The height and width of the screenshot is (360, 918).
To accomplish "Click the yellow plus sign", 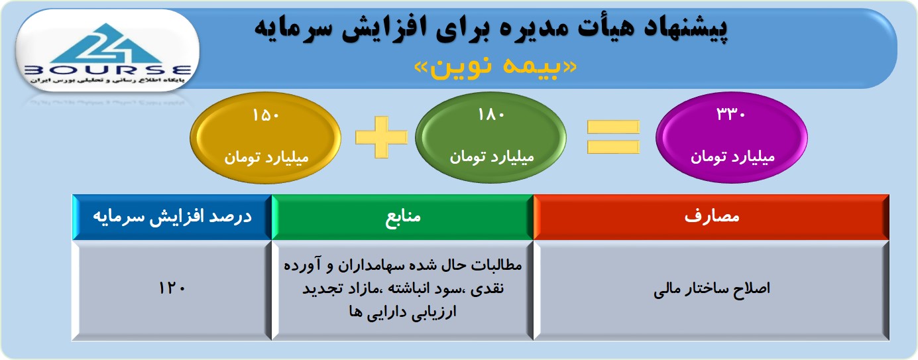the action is pos(381,137).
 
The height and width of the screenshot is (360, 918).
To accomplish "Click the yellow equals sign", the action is pos(613,137).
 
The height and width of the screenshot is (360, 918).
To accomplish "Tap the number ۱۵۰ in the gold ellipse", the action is pos(266,115).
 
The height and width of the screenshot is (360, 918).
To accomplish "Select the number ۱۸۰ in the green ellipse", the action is pos(491,115).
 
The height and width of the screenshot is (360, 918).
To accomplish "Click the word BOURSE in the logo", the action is pos(107,70).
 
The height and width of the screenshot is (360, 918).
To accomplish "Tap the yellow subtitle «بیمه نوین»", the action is pos(496,67).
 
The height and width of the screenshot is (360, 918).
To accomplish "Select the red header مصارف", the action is pos(711,217).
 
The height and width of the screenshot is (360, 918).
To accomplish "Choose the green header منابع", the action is pos(403,217).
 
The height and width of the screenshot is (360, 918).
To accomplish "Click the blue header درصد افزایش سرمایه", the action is pos(172,217).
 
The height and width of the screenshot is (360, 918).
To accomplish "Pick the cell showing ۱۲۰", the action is pos(172,288).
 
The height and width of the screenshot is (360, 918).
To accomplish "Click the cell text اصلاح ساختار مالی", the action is pos(712,288).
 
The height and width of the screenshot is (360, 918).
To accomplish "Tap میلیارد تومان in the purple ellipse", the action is pos(732,157).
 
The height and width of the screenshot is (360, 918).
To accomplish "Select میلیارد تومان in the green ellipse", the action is pos(492,157).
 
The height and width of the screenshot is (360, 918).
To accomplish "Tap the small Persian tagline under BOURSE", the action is pos(107,80).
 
